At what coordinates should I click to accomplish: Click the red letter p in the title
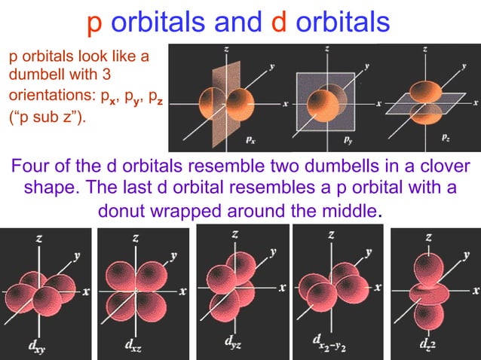tap(95, 24)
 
